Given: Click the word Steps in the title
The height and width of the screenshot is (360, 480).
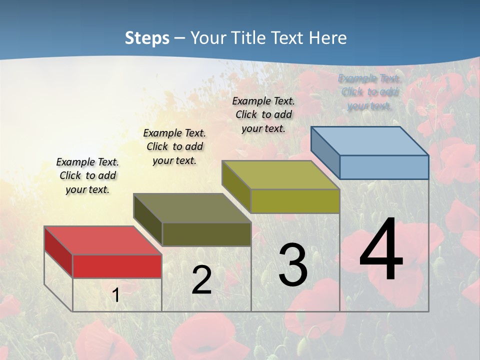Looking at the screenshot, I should pos(147,38).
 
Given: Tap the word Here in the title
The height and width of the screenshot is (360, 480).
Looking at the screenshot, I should pos(328,38).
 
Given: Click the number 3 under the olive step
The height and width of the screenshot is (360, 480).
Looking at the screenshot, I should pos(293,265).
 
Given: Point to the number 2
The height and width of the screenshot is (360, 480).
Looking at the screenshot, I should pos(201,280).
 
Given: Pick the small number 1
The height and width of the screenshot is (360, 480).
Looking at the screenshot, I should pos(116,295).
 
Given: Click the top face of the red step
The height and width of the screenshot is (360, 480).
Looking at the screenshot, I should pos(102,240).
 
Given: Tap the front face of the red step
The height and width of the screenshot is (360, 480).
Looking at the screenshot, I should pos(117,266).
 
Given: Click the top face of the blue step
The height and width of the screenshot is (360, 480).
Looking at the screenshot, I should pos(369,141).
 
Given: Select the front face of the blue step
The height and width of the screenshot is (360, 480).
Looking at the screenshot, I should pos(384,167).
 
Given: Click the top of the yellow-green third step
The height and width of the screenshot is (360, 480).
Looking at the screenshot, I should pos(280,175).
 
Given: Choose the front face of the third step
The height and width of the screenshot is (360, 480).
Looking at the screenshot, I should pos(295,201).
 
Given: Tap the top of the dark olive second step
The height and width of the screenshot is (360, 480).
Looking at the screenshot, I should pos(192,208).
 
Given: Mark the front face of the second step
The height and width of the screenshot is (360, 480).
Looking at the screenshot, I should pos(206,234).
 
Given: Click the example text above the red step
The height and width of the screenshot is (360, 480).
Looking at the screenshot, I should pos(87,176).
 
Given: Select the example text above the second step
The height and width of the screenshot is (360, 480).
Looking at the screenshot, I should pos(174,146).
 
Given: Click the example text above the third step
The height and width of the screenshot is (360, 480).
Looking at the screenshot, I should pos(263,114).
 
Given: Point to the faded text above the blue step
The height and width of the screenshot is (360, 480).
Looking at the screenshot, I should pos(369,92).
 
